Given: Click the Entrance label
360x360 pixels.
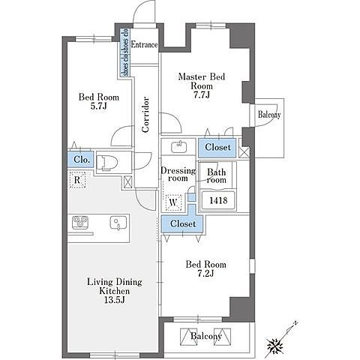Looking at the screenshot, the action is pos(144,44).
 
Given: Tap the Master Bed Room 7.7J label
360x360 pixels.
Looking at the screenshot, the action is pos(202,85).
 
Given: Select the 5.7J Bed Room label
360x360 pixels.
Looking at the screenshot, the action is pos(99,101).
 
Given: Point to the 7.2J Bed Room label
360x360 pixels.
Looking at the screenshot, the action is pos(205,268).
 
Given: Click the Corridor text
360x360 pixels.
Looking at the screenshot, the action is pos(145,114).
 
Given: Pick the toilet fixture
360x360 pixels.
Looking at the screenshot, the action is pos(107,163).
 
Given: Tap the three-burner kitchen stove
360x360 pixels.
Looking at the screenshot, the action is pos(80,222).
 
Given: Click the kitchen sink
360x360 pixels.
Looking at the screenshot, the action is pos(118,223).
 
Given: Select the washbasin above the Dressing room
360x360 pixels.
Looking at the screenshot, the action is pos(179,147).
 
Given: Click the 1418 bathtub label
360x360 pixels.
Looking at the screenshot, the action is pos(218,200).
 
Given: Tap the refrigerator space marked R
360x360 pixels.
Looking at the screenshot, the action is pos(77,179).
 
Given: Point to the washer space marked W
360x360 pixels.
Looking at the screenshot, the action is pos(173,202).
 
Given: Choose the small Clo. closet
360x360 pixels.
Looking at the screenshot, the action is pos(80,159).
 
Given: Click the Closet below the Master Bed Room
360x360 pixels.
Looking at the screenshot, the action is pos(217,147).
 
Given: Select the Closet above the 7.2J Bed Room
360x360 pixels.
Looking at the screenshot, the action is pos(183,223).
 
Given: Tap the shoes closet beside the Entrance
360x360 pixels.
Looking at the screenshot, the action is pos(125,52).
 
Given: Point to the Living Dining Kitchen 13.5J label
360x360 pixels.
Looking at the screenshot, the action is pos(115,291).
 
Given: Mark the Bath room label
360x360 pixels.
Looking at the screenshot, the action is pos(217,176).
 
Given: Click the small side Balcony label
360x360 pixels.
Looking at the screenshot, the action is pos(269,115).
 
